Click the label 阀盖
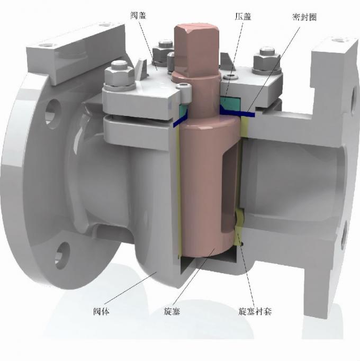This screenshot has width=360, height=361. tap(139, 16)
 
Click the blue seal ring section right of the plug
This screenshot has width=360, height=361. tap(241, 112)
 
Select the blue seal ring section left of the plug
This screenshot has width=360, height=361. tap(179, 122)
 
